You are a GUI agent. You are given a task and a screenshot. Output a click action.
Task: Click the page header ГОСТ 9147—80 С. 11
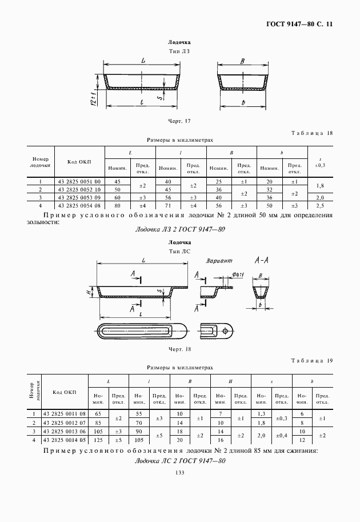(x=299, y=24)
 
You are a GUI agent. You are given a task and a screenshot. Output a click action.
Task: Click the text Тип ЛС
(x=179, y=251)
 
